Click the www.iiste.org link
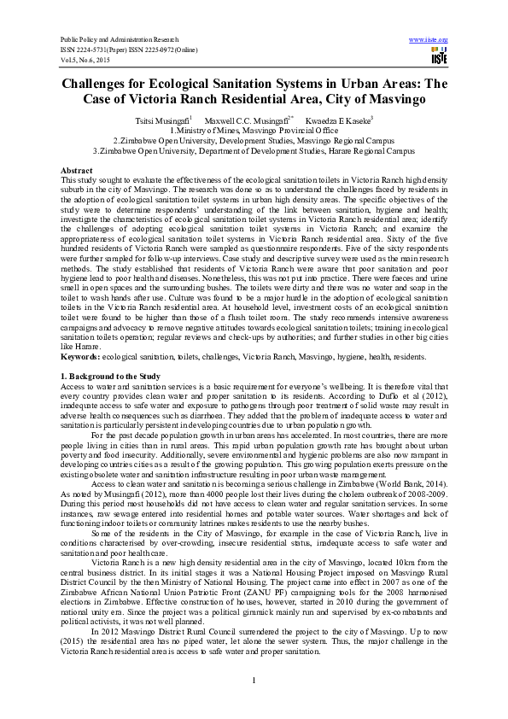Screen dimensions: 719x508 pos(429,40)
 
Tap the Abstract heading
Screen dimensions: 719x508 pos(77,171)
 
